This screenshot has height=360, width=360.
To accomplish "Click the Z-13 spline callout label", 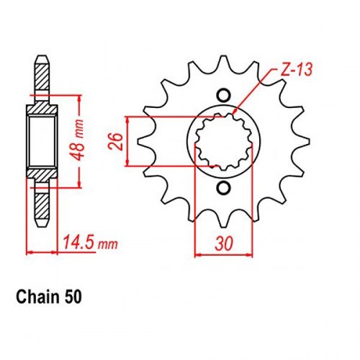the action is [297, 70].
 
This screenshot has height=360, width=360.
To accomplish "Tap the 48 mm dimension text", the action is [78, 140].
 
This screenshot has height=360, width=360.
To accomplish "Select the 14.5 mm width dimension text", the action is [90, 243].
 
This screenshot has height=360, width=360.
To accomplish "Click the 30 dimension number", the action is [224, 243].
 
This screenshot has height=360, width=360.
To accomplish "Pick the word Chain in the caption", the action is [37, 297].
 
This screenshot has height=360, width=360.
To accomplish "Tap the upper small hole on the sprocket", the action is [223, 95].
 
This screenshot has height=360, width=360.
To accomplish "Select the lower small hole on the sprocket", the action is [223, 188].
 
